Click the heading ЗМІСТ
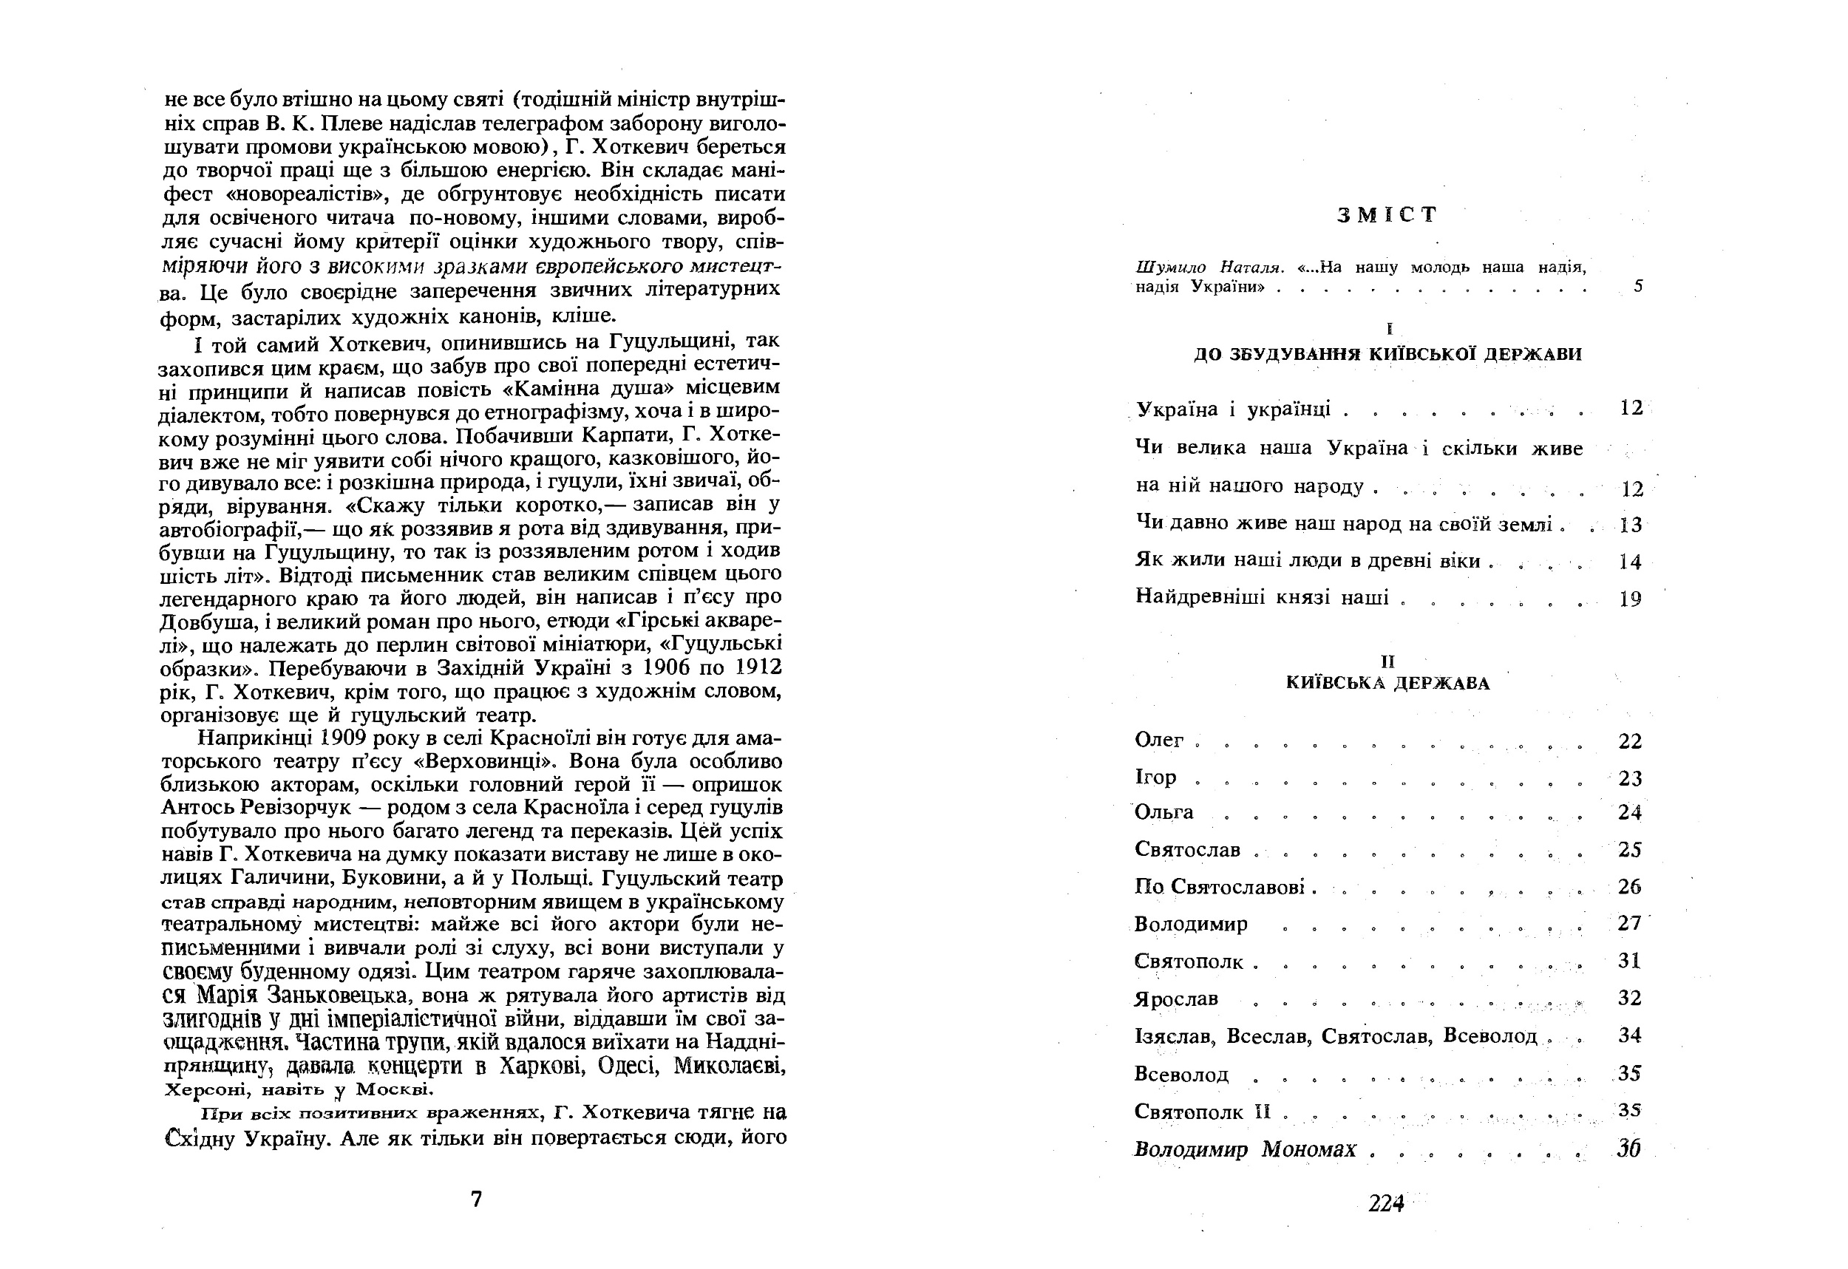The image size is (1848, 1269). [x=1387, y=214]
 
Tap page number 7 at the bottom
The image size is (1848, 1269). [x=476, y=1200]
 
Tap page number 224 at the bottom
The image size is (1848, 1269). [x=1386, y=1204]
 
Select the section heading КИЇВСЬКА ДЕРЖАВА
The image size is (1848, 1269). [x=1387, y=683]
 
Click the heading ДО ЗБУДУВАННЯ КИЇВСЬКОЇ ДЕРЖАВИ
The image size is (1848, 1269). [x=1387, y=355]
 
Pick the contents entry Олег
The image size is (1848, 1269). [x=1159, y=741]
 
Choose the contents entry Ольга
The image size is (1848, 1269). [x=1164, y=812]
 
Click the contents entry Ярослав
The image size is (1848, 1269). [x=1176, y=998]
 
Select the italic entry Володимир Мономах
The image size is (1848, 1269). [x=1245, y=1150]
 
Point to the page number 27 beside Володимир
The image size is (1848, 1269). [x=1629, y=923]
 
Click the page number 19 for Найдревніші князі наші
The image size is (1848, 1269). [x=1630, y=599]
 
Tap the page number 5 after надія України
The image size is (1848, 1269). [x=1638, y=286]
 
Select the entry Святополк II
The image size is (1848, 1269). [x=1203, y=1112]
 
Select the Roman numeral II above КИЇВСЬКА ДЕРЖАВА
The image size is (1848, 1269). [x=1387, y=661]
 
